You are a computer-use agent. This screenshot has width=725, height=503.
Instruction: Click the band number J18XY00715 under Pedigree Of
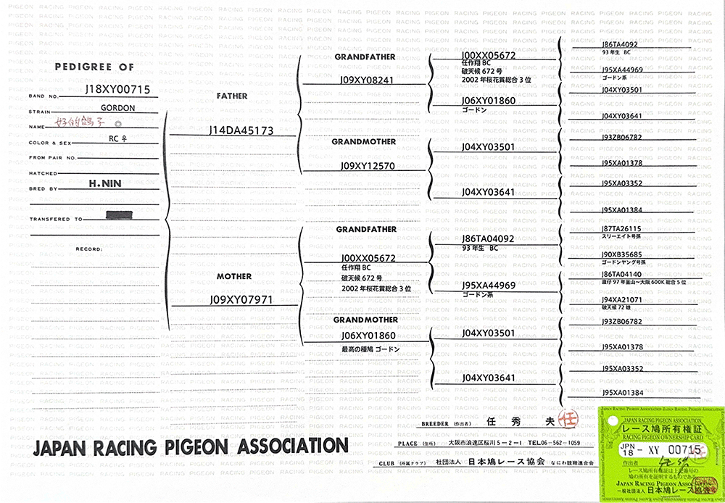click(x=117, y=90)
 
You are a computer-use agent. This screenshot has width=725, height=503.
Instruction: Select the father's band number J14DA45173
click(x=241, y=131)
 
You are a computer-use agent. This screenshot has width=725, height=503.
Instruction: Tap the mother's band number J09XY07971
click(x=241, y=299)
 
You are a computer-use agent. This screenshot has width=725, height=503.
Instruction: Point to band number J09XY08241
click(x=367, y=80)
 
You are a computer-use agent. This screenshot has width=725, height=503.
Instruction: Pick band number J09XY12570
click(x=367, y=166)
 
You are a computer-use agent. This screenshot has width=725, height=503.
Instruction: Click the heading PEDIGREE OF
click(x=94, y=67)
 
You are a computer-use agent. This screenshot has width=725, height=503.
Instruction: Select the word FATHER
click(x=232, y=96)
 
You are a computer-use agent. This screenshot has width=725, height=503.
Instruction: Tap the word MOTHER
click(x=233, y=277)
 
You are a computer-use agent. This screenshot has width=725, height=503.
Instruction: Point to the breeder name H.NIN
click(x=104, y=185)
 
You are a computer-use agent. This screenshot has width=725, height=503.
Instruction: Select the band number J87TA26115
click(x=621, y=229)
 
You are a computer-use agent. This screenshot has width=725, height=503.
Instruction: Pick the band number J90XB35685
click(x=621, y=254)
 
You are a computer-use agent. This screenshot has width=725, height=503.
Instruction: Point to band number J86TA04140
click(x=621, y=274)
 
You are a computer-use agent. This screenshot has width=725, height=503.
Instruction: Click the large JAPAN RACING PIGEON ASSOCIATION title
click(x=190, y=445)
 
